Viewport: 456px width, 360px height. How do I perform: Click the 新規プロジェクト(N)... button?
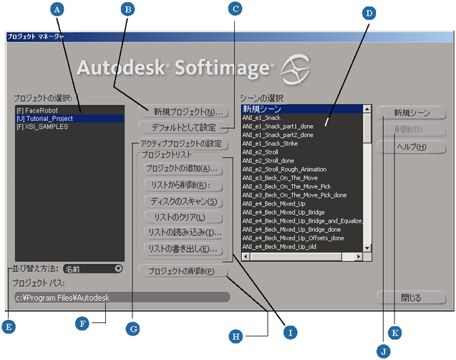[x=183, y=112]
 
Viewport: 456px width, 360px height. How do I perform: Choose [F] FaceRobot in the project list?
[x=37, y=110]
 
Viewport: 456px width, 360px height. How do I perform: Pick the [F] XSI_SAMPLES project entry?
[x=42, y=127]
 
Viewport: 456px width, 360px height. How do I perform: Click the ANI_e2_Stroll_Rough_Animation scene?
[x=284, y=169]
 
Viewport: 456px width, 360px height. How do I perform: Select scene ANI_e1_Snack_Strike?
[x=270, y=144]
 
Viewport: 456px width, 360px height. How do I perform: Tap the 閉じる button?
[x=411, y=298]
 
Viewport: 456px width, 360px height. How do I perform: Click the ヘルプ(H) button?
[x=411, y=147]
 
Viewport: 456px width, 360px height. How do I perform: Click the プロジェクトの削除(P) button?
[x=183, y=271]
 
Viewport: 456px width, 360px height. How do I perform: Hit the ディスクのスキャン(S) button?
[x=183, y=202]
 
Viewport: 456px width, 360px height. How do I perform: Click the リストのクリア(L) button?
[x=183, y=218]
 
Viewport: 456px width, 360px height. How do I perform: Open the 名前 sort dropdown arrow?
[x=118, y=268]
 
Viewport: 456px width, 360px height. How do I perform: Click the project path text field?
[x=122, y=298]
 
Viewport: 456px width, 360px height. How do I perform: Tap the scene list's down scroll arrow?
[x=367, y=248]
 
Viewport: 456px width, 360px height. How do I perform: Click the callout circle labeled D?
[x=369, y=13]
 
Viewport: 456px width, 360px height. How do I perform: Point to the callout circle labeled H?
[x=236, y=336]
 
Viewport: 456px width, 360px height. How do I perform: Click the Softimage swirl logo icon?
[x=295, y=69]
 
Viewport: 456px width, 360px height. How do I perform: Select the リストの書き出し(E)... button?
[x=183, y=249]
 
